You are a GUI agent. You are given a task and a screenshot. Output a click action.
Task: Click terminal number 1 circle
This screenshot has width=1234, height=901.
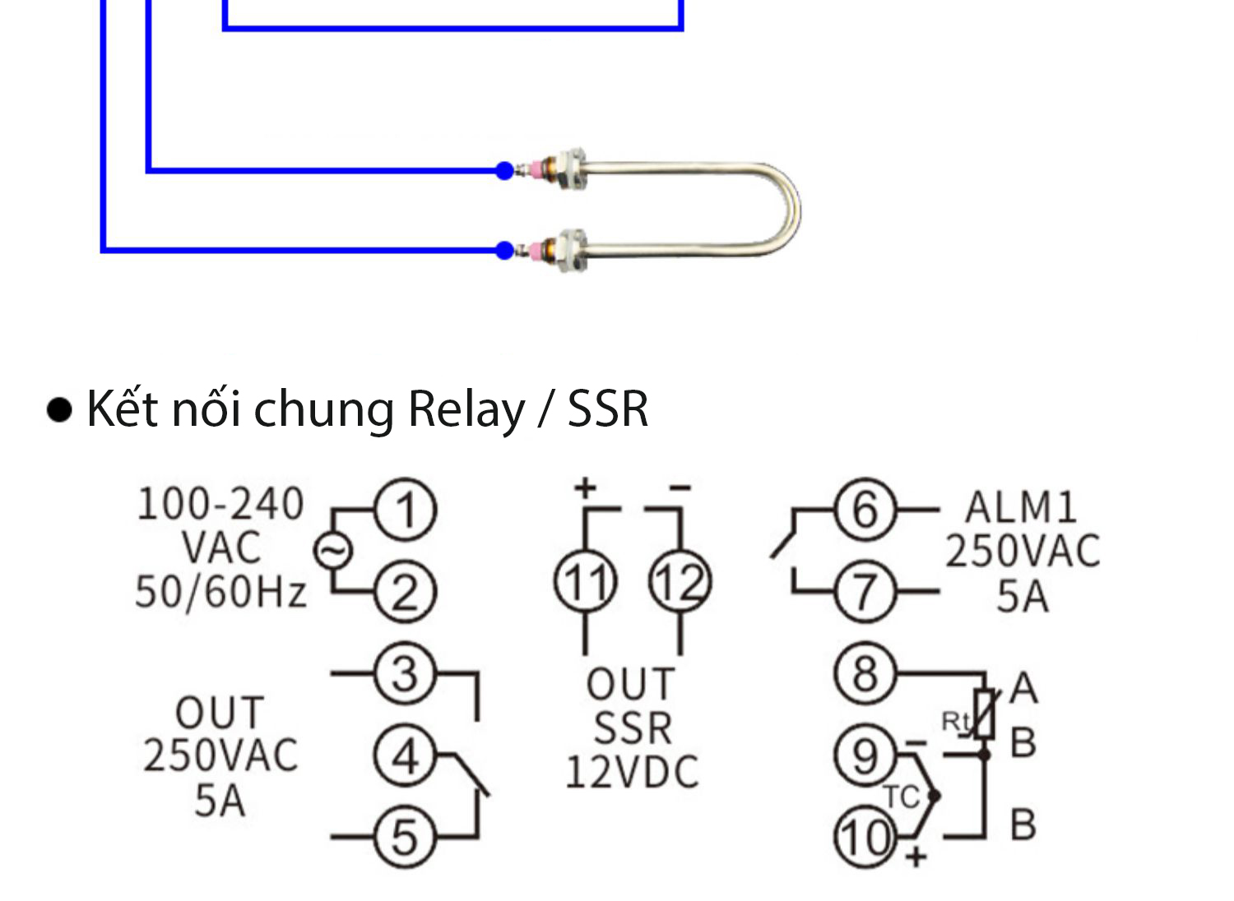405,510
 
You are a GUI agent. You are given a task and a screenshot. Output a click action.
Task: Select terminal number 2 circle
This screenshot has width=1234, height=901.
405,591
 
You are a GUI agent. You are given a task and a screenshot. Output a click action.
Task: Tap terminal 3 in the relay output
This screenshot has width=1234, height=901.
405,674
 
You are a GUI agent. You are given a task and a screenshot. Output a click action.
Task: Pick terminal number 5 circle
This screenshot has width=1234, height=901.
405,837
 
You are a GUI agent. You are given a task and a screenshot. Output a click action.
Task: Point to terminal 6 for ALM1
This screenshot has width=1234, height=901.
865,510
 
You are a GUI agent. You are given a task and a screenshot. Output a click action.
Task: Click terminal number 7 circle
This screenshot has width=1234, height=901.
865,591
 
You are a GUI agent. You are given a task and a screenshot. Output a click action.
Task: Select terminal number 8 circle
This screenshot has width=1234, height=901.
865,674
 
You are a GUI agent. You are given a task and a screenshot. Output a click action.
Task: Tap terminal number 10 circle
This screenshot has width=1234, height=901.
865,837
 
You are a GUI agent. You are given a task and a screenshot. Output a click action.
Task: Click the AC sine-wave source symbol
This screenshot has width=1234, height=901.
333,551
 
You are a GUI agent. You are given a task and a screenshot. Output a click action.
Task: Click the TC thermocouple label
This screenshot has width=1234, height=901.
901,797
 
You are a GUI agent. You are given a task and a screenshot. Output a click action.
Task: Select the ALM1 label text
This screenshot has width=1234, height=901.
1021,507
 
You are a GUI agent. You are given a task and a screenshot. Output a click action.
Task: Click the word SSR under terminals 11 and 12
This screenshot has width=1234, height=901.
632,728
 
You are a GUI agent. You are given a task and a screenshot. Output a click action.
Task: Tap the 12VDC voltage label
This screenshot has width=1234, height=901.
632,772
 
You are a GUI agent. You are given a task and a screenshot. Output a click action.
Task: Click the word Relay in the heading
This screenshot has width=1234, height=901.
466,409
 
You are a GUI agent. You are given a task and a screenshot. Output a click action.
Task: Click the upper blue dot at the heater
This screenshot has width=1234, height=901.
504,171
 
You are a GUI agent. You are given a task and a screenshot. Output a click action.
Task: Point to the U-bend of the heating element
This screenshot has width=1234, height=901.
786,210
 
